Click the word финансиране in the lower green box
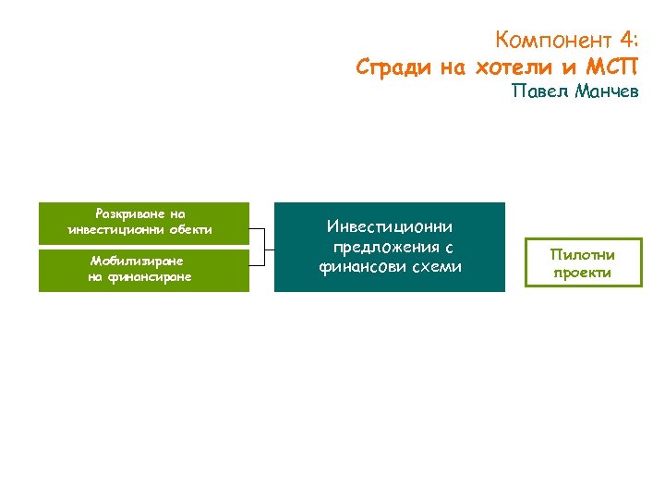(x=151, y=276)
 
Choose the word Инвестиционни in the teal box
(x=390, y=226)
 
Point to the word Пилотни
(x=582, y=254)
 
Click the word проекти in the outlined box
(x=582, y=273)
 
